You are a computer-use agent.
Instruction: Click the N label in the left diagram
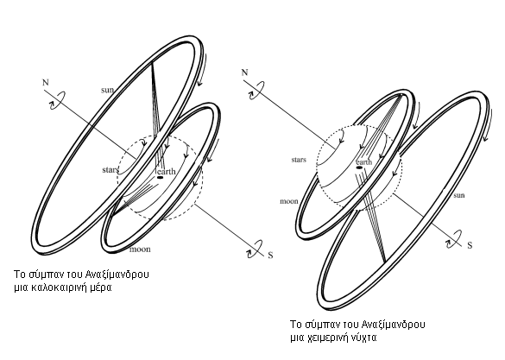coord(46,83)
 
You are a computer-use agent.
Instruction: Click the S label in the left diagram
coord(270,256)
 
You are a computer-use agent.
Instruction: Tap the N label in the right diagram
coord(245,73)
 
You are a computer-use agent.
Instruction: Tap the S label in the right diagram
coord(470,245)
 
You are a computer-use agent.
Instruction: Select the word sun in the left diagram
coord(108,90)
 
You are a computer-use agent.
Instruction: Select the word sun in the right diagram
coord(459,195)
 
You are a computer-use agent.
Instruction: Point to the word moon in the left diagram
coord(140,249)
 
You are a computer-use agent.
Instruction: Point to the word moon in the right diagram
coord(289,201)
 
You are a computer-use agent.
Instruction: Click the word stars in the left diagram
coord(110,170)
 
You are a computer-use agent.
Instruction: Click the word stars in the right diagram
coord(299,160)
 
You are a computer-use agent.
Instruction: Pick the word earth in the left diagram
coord(167,171)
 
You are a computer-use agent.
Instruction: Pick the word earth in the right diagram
coord(364,162)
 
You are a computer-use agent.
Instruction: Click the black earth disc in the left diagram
coord(160,178)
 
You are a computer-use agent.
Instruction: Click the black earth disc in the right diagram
coord(359,167)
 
